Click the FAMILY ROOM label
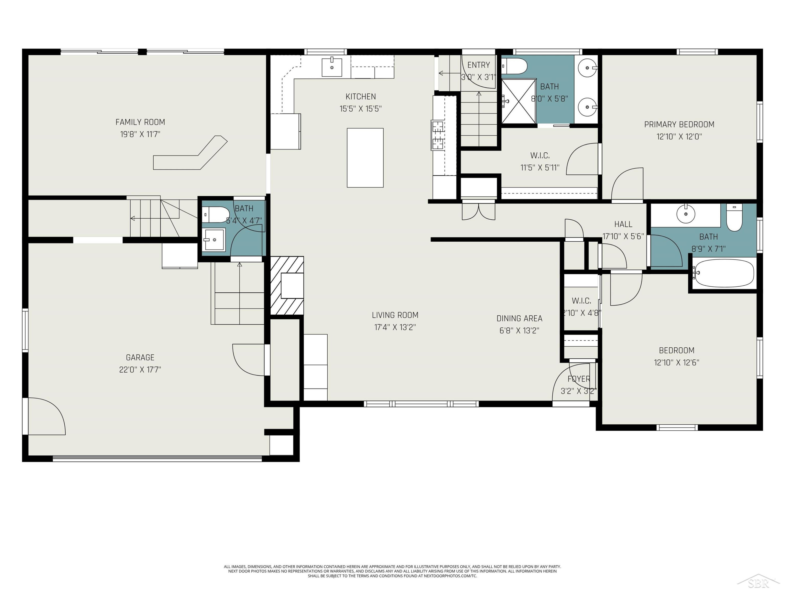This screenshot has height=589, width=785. [140, 122]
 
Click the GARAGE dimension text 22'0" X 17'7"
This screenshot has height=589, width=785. [140, 370]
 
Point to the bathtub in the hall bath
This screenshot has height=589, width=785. [724, 273]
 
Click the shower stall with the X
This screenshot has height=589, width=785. [518, 102]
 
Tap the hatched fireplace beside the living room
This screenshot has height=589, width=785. [287, 285]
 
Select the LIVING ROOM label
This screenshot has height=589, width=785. [395, 315]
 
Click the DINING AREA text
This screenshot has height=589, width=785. [519, 319]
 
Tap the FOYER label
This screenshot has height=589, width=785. [579, 379]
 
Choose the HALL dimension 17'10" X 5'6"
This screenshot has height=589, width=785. [623, 236]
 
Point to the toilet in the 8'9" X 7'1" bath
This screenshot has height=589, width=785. [734, 217]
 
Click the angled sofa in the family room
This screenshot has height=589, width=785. [190, 153]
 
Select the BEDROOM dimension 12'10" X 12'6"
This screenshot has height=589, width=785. [676, 363]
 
